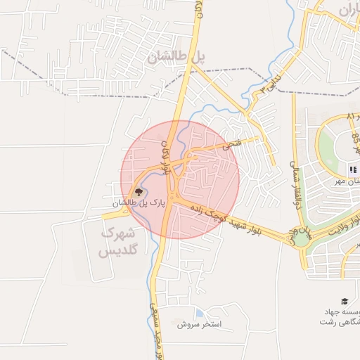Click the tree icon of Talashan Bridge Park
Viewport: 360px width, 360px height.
coord(139,191)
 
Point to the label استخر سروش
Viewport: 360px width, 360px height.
coord(199,325)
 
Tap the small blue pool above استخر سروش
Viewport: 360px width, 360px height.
coord(200,313)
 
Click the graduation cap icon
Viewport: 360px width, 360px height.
coord(345,300)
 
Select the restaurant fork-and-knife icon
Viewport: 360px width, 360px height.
coord(352,169)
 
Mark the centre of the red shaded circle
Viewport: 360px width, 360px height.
coord(180,180)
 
